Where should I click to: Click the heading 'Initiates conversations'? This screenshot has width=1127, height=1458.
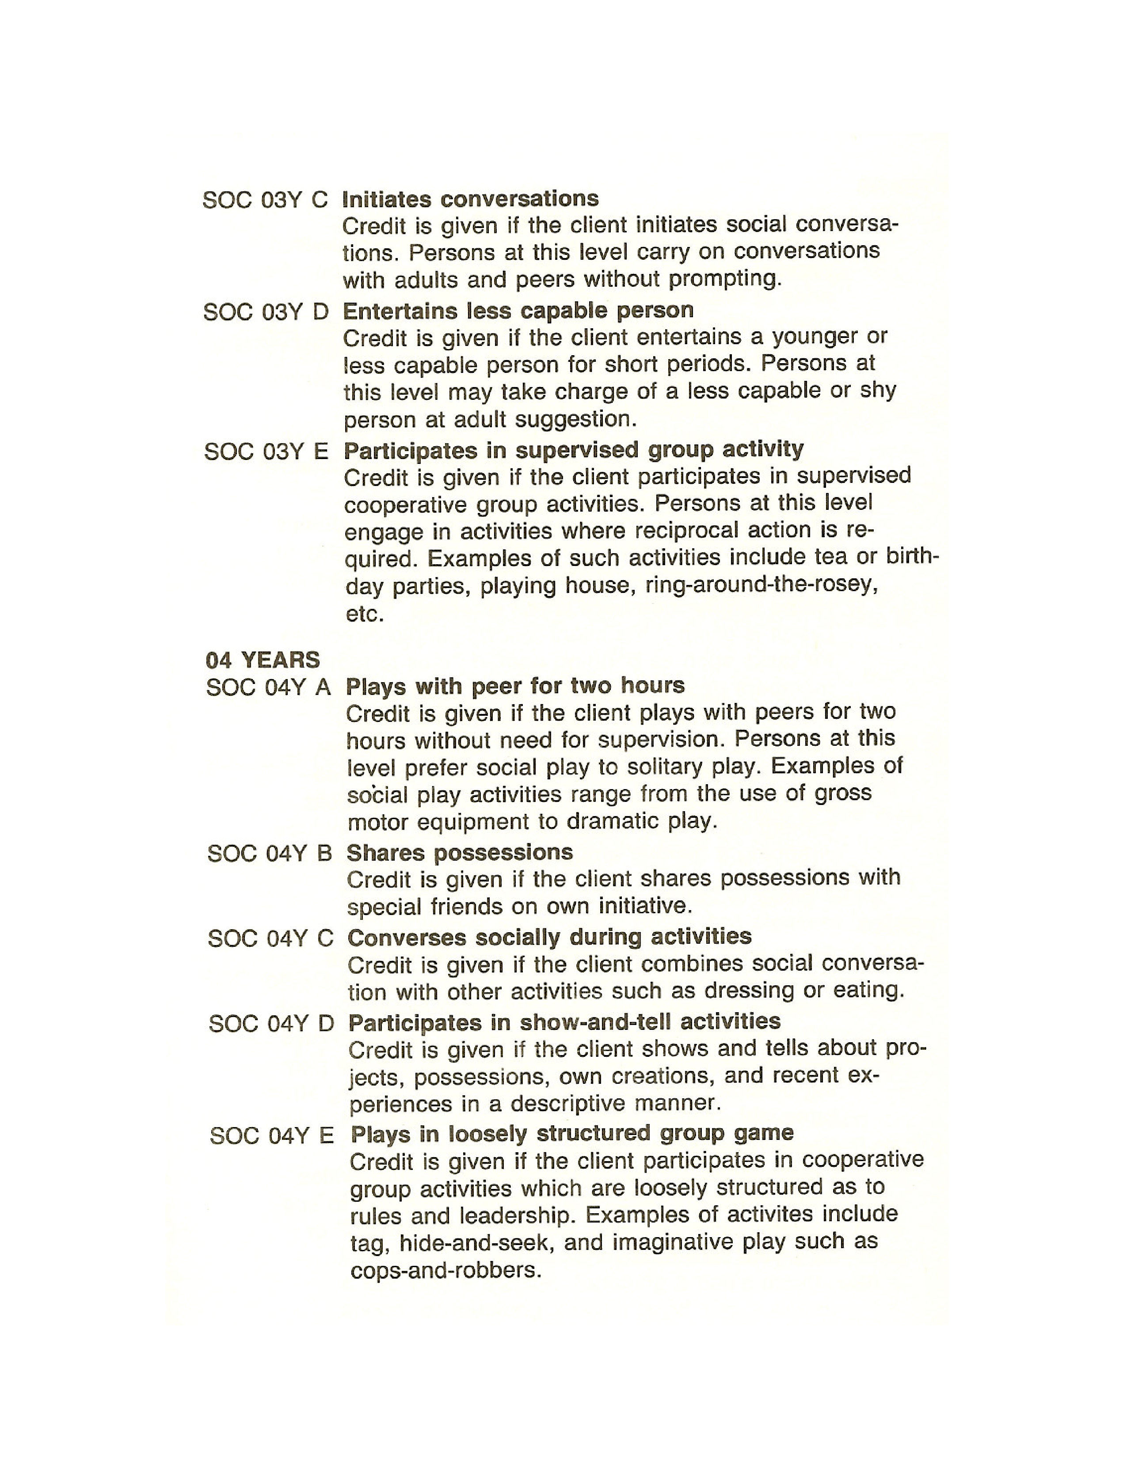(470, 199)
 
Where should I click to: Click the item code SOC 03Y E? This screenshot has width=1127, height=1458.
(267, 452)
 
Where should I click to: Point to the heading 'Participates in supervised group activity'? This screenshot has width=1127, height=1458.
(574, 450)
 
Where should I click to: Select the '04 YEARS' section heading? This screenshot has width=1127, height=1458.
(263, 660)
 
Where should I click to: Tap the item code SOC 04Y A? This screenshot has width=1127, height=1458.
(268, 687)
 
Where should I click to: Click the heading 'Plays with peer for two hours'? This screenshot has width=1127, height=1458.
(515, 686)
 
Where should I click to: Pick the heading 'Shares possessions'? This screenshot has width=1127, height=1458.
(459, 853)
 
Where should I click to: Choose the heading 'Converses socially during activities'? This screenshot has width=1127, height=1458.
(549, 937)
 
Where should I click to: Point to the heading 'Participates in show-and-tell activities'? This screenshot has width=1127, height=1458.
(564, 1021)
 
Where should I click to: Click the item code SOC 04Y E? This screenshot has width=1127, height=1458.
(271, 1135)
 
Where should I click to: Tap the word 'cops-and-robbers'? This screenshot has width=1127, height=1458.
(444, 1270)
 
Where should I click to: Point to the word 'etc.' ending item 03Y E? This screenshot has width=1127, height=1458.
(365, 614)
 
